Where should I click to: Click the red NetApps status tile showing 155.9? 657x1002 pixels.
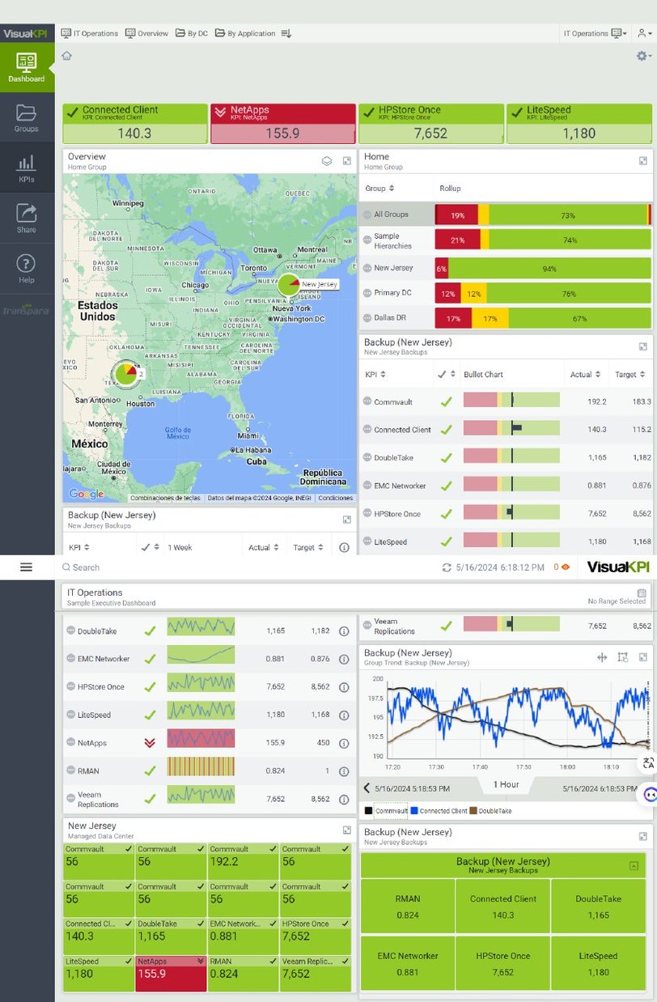coord(282,124)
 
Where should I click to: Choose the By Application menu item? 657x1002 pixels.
coord(245,33)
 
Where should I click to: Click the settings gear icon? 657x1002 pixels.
coord(642,56)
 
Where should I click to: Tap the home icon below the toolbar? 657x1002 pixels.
coord(66,56)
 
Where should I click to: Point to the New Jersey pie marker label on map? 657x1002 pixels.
coord(319,284)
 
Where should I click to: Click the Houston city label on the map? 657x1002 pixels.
coord(140,404)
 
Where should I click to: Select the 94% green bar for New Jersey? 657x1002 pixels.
coord(549,268)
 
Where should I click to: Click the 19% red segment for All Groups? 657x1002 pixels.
coord(457,215)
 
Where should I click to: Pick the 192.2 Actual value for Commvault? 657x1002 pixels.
coord(597,401)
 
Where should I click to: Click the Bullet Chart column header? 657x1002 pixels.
coord(483,375)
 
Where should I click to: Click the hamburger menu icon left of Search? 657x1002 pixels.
coord(26,567)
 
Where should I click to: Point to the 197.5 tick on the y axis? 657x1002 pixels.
coord(375,698)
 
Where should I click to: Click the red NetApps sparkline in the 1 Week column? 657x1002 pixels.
coord(201,742)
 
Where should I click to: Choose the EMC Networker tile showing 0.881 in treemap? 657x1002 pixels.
coord(408,963)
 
